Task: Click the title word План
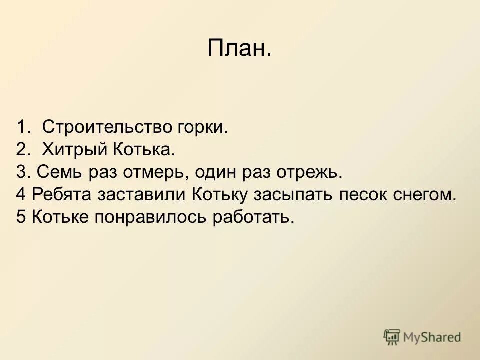tap(239, 49)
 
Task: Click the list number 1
tap(22, 127)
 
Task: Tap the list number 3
tap(22, 173)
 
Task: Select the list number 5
tap(21, 218)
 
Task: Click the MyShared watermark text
tap(432, 337)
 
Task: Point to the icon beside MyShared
tap(392, 337)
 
